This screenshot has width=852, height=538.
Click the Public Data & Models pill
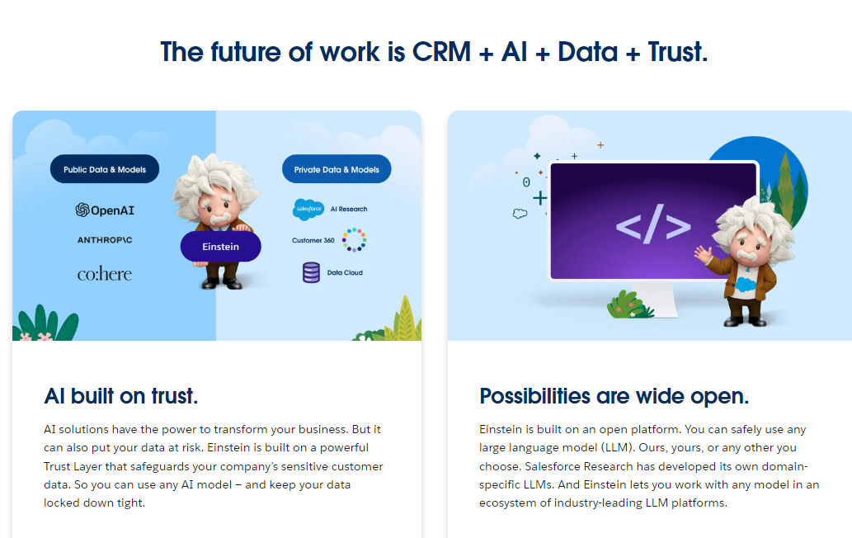[x=105, y=170]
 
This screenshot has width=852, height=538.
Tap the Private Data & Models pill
[x=337, y=170]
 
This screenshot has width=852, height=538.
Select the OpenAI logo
[x=105, y=210]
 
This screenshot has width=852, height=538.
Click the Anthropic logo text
[x=105, y=240]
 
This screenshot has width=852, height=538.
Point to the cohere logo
[x=105, y=273]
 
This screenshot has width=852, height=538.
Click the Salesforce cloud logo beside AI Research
[x=308, y=210]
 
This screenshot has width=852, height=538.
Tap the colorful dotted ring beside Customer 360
[x=354, y=240]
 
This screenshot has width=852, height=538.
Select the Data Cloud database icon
[x=311, y=272]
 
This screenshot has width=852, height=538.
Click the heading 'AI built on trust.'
[x=121, y=396]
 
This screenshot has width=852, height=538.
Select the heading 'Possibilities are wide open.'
[x=614, y=396]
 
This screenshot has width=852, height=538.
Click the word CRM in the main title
[x=443, y=52]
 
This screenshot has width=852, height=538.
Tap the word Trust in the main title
[x=675, y=52]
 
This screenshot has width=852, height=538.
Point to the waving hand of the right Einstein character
[x=703, y=251]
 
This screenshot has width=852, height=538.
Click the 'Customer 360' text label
[x=313, y=241]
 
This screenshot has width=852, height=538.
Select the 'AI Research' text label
[x=349, y=210]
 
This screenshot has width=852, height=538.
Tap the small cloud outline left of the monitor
[x=520, y=213]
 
